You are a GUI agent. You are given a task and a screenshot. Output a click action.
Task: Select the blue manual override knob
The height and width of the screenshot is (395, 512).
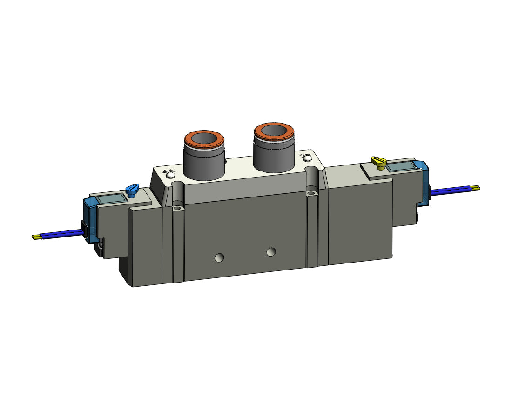[x=132, y=190]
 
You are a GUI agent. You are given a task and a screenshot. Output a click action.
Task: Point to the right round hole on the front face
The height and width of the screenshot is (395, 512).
[x=271, y=252]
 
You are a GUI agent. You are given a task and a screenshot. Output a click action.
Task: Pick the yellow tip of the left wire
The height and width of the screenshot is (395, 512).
[x=35, y=237]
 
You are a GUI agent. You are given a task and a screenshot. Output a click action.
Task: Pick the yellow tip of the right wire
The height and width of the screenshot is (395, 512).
[x=475, y=188]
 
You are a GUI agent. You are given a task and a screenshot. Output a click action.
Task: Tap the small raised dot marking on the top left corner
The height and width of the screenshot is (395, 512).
[x=168, y=174]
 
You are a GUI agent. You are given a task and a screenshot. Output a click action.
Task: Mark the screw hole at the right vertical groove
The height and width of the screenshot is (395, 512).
[x=310, y=193]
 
